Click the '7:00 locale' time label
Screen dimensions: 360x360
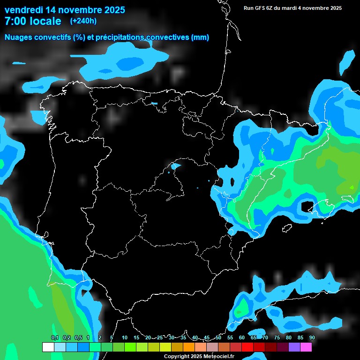coord(33,21)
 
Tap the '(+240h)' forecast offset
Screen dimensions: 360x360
coord(83,21)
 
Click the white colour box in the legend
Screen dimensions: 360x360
coord(48,347)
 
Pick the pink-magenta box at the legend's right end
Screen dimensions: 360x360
coord(306,347)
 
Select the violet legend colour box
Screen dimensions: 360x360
coord(294,347)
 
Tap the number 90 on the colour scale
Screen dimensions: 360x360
coord(312,337)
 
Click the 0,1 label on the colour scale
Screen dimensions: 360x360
coord(54,337)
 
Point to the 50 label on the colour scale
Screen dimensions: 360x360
coord(218,337)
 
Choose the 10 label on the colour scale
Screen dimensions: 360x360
coord(124,337)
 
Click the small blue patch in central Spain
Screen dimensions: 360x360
coord(176,165)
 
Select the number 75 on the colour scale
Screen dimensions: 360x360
coord(277,337)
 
